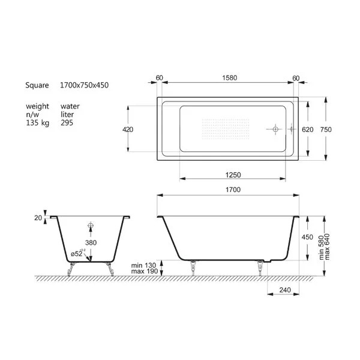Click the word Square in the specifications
(x=38, y=86)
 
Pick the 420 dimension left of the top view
(x=127, y=130)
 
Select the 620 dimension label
(x=308, y=130)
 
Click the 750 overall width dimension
(x=325, y=130)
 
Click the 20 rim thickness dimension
(x=38, y=218)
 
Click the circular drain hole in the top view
(x=274, y=130)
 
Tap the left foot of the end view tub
(x=67, y=268)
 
